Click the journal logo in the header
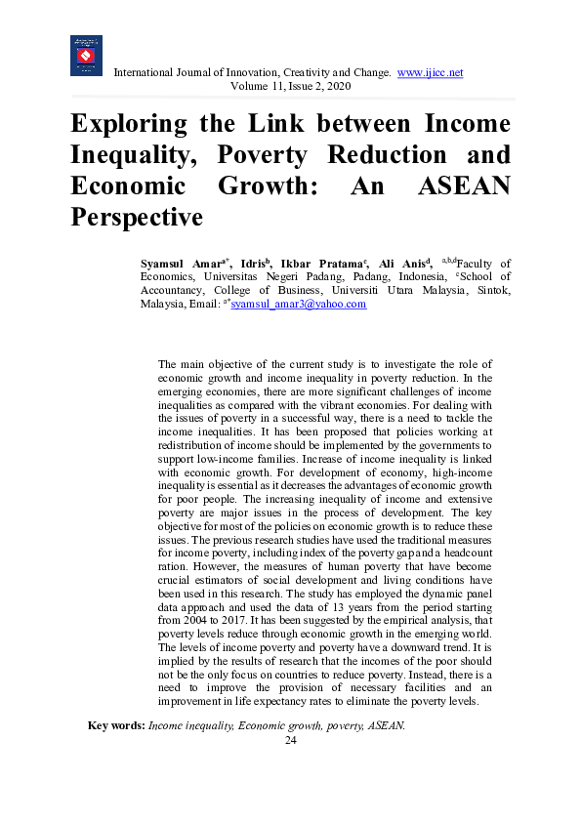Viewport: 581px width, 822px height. click(86, 57)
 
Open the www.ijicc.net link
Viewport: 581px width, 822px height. click(430, 73)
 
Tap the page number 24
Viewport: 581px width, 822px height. click(290, 740)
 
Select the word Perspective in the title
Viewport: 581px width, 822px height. click(136, 217)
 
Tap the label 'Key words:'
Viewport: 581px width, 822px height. click(116, 725)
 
